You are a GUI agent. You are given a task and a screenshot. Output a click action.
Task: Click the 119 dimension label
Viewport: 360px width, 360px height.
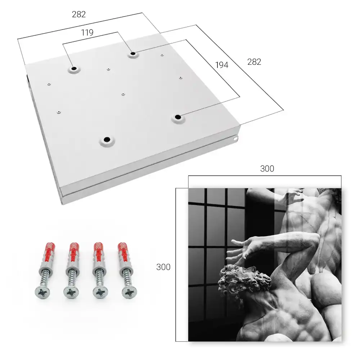point(87,33)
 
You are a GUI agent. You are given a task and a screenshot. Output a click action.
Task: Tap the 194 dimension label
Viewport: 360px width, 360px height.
point(222,65)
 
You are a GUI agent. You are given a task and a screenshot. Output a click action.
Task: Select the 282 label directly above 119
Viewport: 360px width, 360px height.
point(79,14)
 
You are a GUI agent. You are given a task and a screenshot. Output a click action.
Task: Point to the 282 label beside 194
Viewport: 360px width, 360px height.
point(254,62)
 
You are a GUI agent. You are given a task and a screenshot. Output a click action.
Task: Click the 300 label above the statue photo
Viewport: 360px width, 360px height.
point(267,169)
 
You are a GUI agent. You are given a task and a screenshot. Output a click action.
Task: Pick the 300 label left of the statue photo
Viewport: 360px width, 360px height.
point(163,267)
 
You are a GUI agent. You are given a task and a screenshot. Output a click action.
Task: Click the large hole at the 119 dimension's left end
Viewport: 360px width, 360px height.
point(74,69)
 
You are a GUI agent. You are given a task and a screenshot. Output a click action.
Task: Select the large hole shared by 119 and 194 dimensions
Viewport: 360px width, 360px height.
point(133,54)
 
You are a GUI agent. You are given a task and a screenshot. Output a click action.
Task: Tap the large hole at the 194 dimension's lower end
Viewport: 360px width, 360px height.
point(178,117)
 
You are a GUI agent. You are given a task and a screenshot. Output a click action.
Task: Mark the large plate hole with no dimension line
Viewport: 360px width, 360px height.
point(107,139)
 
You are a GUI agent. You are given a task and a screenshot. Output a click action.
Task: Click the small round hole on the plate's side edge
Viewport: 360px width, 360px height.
point(235,139)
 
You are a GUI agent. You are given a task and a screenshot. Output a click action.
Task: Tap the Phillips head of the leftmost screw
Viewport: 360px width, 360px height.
point(43,293)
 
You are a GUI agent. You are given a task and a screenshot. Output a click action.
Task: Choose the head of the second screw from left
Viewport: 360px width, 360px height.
point(71,292)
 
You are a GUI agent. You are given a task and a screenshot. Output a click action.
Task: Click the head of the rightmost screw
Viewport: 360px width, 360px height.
point(129,292)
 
